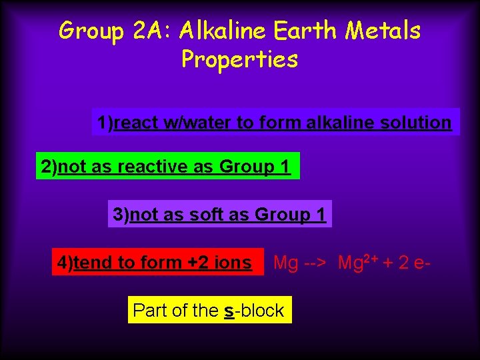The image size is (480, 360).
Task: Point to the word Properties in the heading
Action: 239,60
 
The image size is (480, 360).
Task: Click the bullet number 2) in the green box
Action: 49,167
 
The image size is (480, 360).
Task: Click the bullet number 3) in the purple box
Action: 121,215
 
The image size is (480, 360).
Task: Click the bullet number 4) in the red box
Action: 65,263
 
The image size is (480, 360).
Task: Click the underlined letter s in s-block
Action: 229,311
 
